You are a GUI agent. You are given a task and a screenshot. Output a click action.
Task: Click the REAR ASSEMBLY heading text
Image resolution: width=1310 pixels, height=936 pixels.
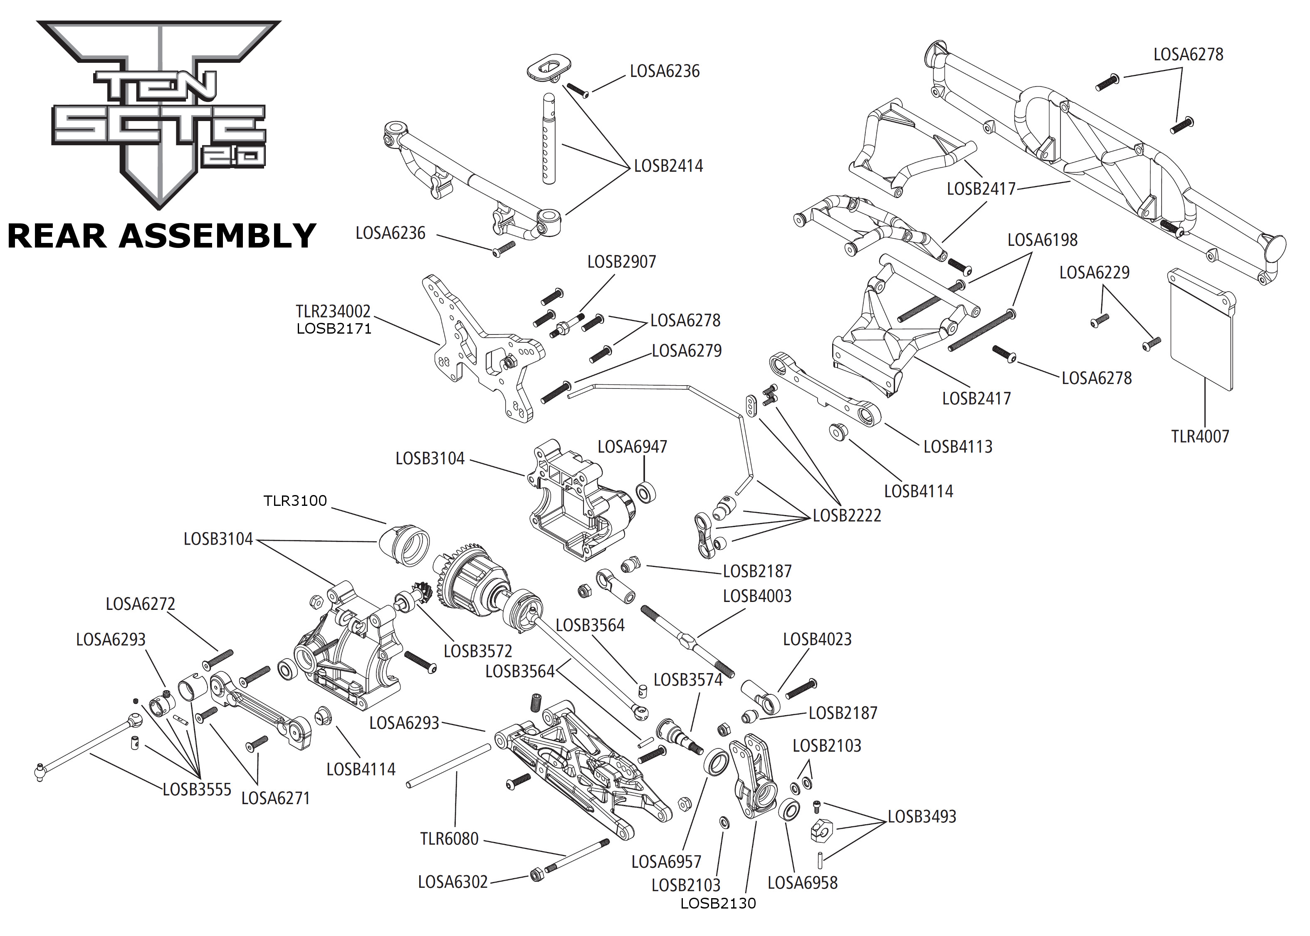(162, 236)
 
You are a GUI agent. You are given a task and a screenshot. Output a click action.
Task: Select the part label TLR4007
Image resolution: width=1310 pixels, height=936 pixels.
(1200, 436)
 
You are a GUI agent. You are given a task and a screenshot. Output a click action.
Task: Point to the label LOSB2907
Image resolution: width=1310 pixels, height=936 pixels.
(622, 262)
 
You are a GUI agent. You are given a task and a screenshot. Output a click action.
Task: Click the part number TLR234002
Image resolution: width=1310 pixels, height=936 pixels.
(333, 311)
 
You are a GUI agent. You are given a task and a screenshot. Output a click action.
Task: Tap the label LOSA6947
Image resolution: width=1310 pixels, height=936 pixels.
(632, 447)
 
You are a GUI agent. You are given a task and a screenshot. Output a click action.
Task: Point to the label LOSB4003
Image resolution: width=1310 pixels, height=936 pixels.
(757, 596)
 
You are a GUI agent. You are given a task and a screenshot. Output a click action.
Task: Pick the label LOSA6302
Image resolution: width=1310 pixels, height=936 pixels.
(453, 882)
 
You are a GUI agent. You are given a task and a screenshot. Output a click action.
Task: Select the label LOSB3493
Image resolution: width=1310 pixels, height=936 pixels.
(922, 816)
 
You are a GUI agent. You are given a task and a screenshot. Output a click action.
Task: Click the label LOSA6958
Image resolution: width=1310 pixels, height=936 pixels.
(803, 882)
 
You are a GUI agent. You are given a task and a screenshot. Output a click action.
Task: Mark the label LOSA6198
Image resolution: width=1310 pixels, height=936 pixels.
(1042, 240)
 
